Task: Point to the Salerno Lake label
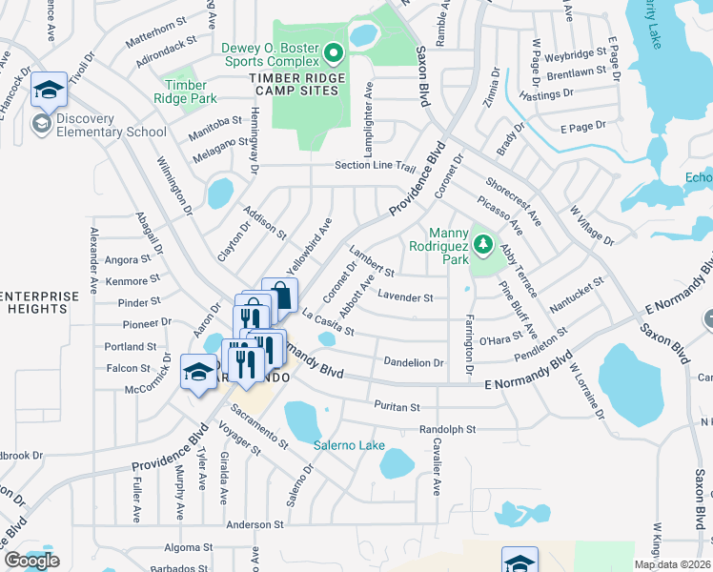coord(349,444)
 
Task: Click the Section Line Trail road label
coord(376,166)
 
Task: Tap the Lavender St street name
coord(405,297)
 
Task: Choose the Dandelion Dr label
coord(413,362)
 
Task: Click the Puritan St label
coord(397,406)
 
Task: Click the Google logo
coord(31,561)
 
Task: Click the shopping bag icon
coord(280,295)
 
